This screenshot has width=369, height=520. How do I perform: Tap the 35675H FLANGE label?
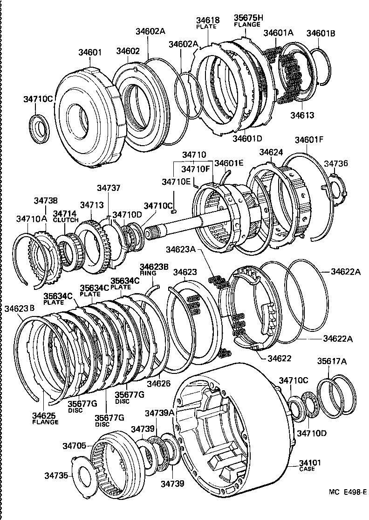click(247, 21)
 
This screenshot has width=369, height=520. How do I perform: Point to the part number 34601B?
click(321, 33)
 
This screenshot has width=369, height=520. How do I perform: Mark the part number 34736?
click(335, 163)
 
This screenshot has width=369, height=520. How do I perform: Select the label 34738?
click(46, 201)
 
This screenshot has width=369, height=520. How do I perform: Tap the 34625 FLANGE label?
click(45, 418)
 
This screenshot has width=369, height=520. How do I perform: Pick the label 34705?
click(74, 446)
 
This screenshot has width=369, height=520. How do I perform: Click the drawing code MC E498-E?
click(348, 492)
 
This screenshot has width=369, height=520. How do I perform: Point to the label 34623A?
click(187, 250)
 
